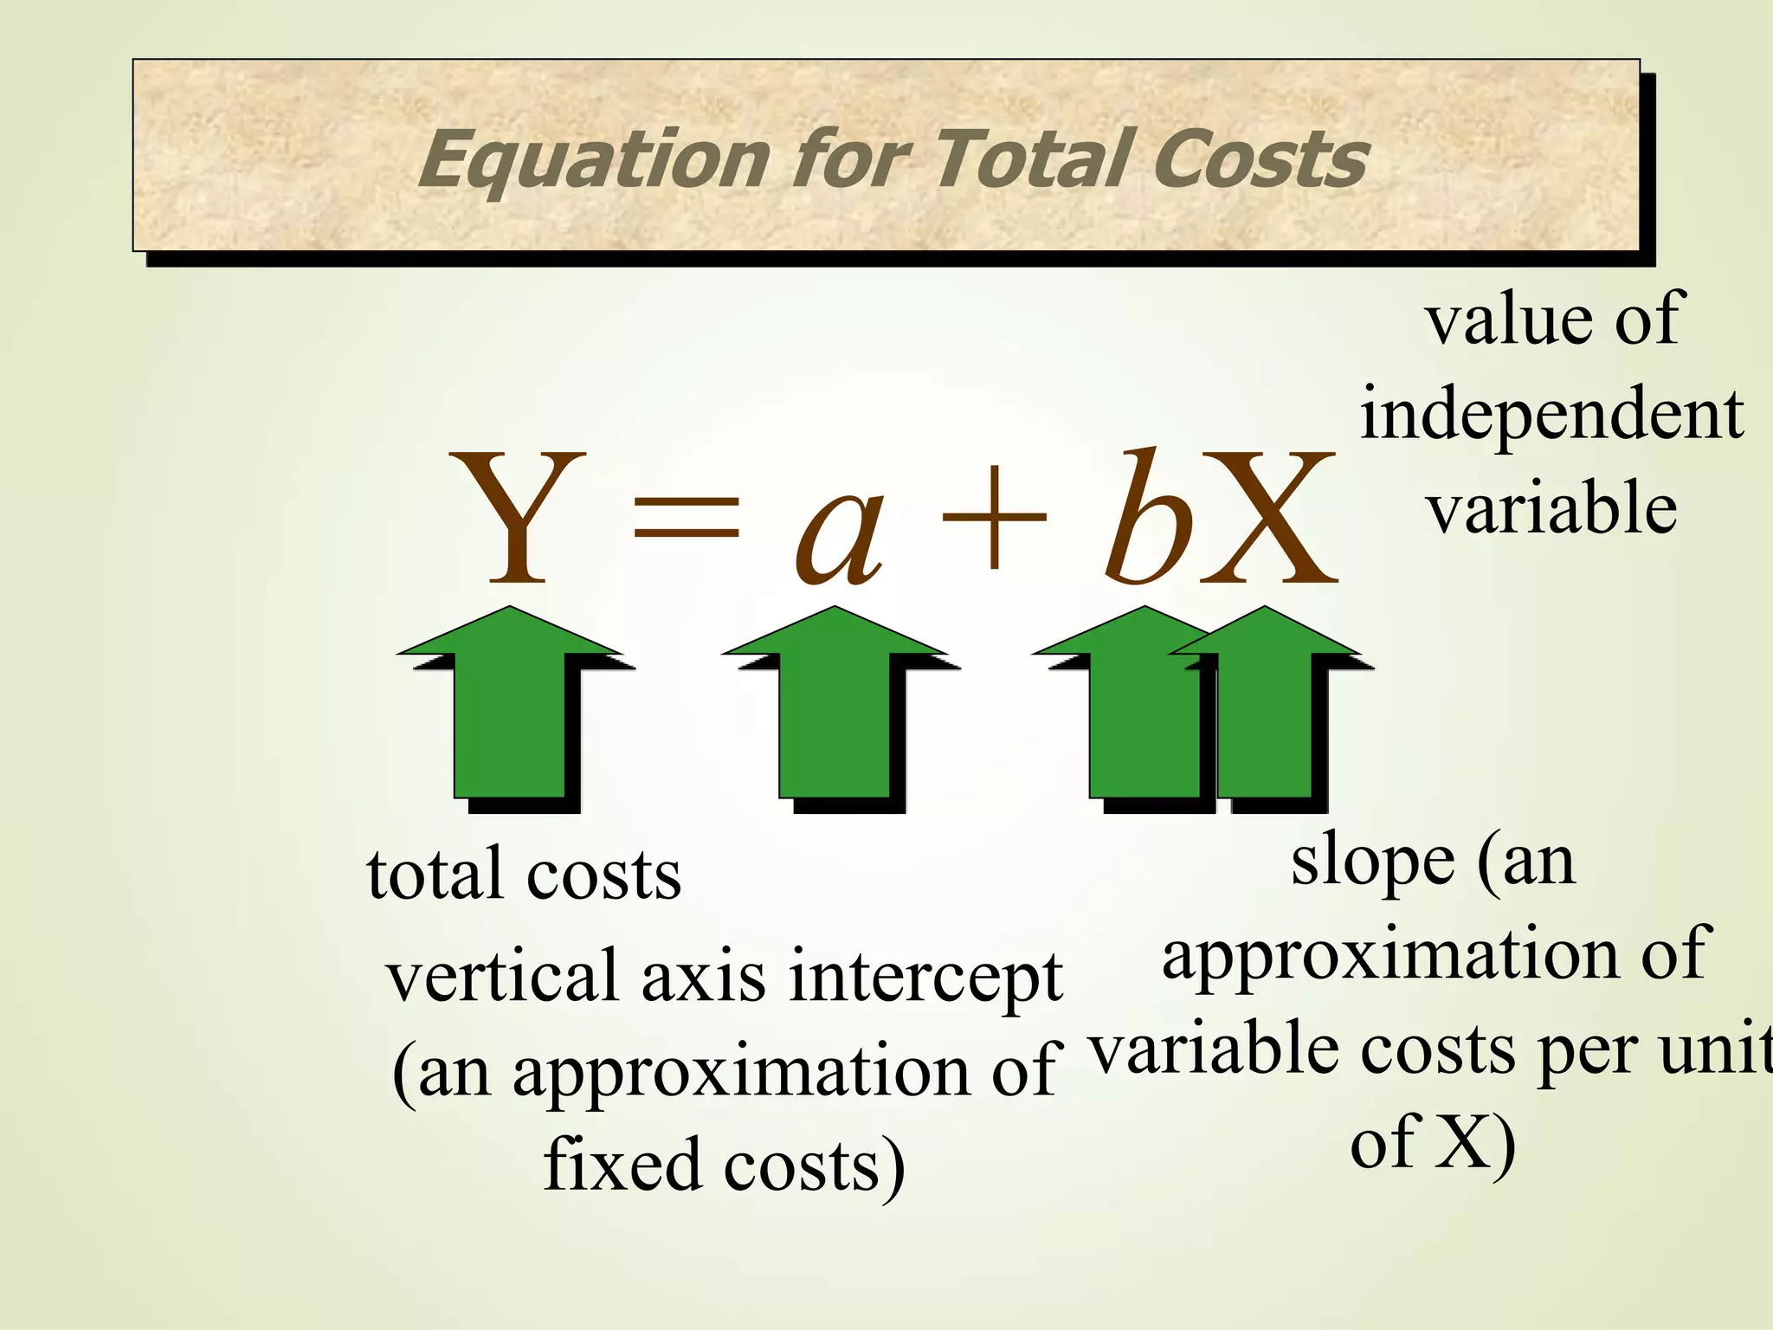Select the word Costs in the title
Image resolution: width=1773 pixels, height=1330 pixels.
[1260, 159]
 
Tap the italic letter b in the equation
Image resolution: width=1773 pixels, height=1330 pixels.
[1147, 520]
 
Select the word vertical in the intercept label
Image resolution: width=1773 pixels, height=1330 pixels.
[503, 976]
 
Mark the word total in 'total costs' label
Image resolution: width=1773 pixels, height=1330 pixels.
[434, 875]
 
